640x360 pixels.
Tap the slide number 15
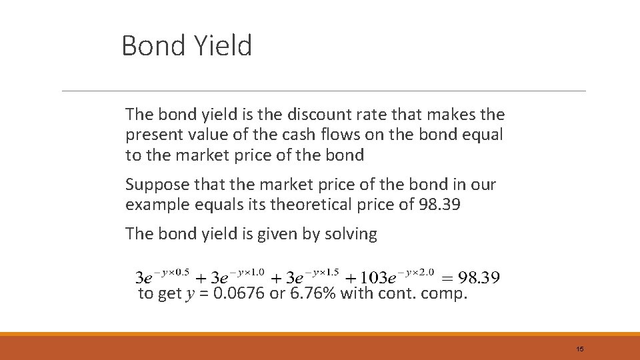tap(580, 349)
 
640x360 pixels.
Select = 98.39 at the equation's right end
tap(471, 277)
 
